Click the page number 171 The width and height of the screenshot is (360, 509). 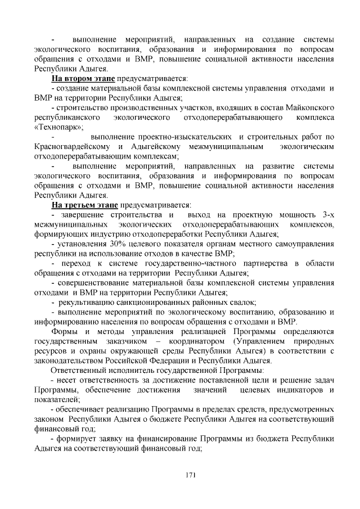(x=190, y=475)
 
